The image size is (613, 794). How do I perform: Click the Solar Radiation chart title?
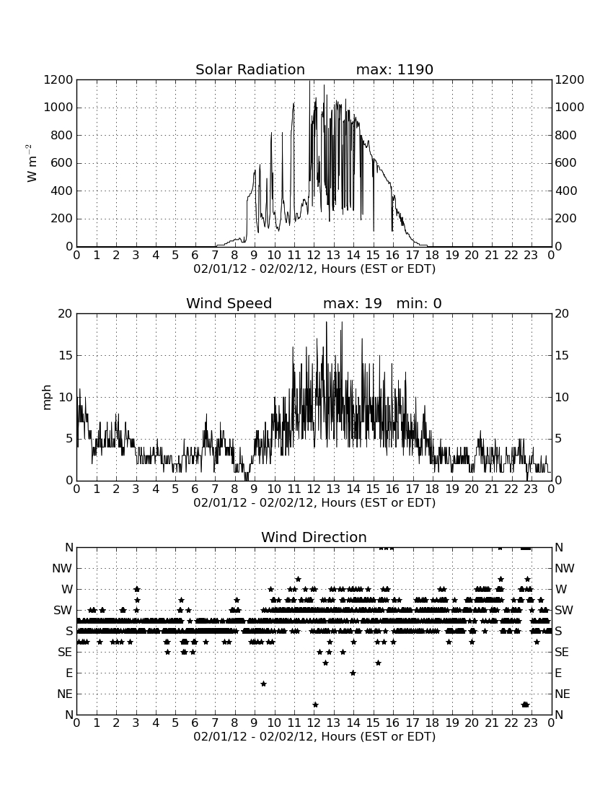250,69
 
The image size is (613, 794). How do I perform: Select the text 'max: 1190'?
394,69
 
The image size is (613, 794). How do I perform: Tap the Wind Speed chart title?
229,303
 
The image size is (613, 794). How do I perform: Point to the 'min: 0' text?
419,303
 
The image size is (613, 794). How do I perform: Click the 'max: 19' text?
353,303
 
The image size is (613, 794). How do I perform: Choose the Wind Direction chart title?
314,537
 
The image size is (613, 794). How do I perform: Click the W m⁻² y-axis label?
31,163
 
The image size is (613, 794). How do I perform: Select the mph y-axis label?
47,398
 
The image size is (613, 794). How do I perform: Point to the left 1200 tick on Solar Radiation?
58,80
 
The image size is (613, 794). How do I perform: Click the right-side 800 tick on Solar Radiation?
566,135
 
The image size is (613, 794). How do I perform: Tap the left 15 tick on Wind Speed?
66,355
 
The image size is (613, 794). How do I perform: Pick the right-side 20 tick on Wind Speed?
562,314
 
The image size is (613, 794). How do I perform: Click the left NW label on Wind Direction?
62,569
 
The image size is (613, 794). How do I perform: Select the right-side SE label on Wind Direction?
562,653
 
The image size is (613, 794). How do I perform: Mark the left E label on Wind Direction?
69,673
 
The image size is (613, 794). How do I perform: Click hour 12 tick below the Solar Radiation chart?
314,255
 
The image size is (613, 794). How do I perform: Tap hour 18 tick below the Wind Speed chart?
433,489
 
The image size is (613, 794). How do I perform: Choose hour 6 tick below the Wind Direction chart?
195,723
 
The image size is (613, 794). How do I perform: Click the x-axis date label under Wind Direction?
314,736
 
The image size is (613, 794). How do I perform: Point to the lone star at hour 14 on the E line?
353,673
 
